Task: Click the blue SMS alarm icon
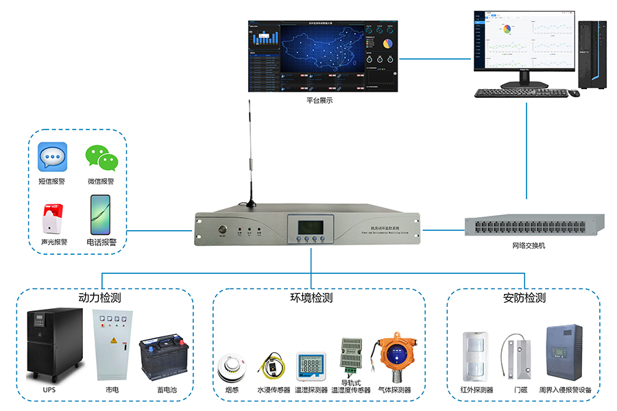tap(53, 157)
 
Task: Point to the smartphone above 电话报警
tap(100, 214)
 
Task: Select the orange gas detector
tap(394, 357)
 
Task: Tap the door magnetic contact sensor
tap(519, 356)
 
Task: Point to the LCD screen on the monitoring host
tap(311, 227)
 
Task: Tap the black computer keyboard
tap(520, 93)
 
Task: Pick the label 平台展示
tap(319, 101)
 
